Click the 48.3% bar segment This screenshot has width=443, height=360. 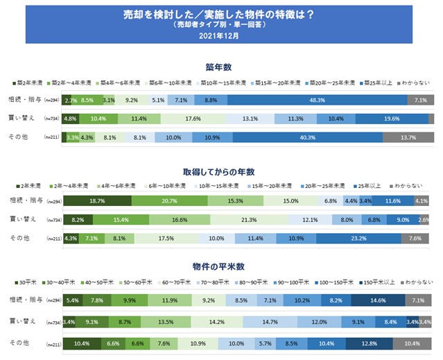pos(316,100)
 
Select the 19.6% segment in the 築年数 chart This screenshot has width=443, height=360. pos(392,119)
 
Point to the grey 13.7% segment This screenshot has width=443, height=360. pos(408,137)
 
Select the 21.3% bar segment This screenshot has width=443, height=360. pos(249,220)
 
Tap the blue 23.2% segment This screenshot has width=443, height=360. pos(358,239)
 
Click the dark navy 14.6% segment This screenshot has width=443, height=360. pos(377,302)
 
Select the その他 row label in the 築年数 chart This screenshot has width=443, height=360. pos(22,137)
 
